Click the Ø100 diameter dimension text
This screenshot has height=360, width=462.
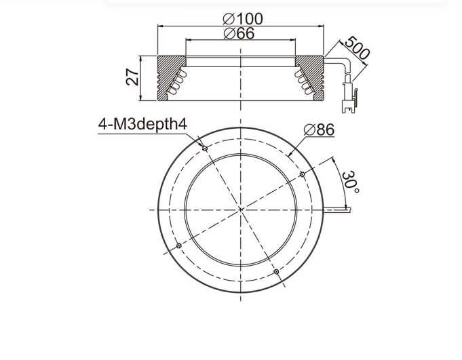[x=242, y=19]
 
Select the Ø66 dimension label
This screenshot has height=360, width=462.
[x=239, y=33]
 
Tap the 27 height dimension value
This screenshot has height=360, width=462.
[x=132, y=77]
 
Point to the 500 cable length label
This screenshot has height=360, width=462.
[x=357, y=48]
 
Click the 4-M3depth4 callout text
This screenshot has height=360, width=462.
[x=142, y=124]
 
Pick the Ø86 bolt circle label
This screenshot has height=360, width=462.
[x=319, y=129]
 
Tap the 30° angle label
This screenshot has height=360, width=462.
[x=350, y=182]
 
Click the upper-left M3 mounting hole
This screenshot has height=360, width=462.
[x=205, y=148]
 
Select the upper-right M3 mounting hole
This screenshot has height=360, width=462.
[x=302, y=174]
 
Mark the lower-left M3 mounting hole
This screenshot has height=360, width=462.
[x=179, y=245]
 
